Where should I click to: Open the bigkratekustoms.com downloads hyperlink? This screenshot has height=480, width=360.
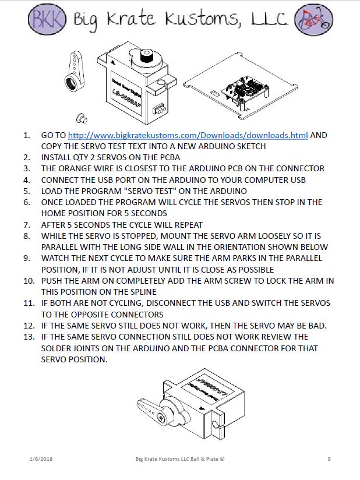188,135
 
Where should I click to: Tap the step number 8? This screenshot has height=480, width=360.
26,236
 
